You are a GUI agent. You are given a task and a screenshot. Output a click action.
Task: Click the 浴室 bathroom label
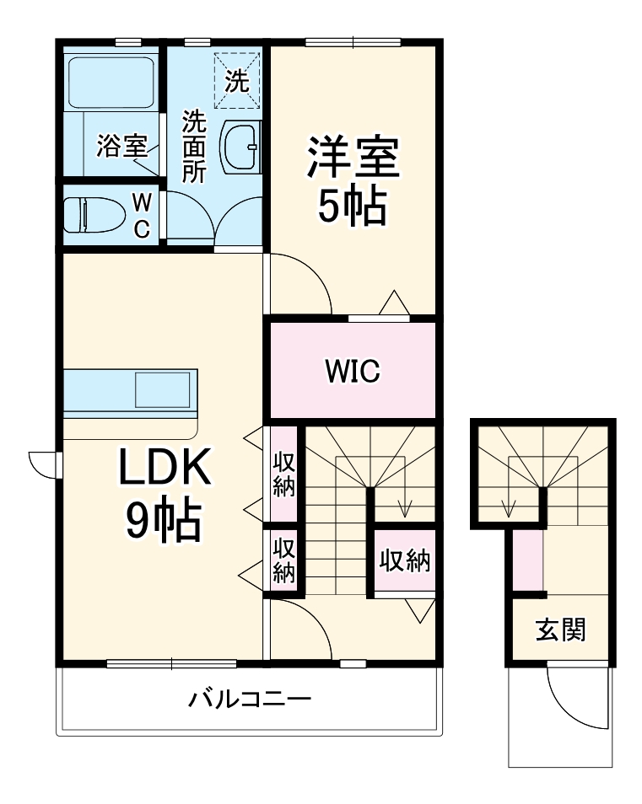(x=122, y=147)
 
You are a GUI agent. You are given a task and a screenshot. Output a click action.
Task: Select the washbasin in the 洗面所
(x=243, y=146)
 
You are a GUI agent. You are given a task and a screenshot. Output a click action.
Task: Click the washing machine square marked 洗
(x=237, y=81)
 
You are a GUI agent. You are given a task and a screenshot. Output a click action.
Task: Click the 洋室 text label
(x=353, y=158)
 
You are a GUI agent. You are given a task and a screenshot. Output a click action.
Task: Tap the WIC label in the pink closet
(x=352, y=370)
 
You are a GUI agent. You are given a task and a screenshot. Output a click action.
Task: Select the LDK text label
(x=164, y=468)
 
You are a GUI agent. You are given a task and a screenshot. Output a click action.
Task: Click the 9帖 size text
(x=164, y=523)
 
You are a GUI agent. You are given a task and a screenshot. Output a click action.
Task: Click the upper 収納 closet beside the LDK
(x=283, y=474)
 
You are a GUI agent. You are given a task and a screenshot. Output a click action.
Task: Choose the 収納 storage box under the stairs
(x=404, y=561)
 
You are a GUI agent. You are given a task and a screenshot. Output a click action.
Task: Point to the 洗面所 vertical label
(x=195, y=147)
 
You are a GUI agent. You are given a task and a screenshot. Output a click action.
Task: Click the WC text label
(x=143, y=214)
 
